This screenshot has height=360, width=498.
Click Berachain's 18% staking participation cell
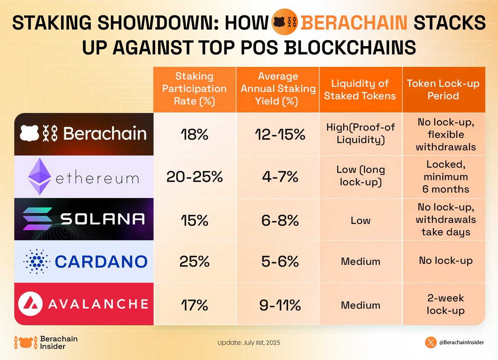coord(194,134)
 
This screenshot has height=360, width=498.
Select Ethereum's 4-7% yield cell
coord(277,177)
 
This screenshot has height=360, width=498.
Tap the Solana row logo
coord(83,219)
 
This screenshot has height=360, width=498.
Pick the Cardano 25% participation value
coord(194,261)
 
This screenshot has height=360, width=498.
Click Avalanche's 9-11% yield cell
coord(277,305)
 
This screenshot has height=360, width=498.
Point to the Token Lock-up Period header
coord(443,89)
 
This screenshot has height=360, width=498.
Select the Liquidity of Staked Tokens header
coord(360,89)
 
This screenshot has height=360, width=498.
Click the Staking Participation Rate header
coord(194,89)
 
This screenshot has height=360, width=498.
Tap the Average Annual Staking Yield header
coord(277,89)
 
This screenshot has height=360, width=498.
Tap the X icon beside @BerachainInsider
coord(431,343)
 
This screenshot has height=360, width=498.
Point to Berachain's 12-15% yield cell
coord(277,134)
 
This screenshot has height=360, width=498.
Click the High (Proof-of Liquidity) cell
coord(360,134)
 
